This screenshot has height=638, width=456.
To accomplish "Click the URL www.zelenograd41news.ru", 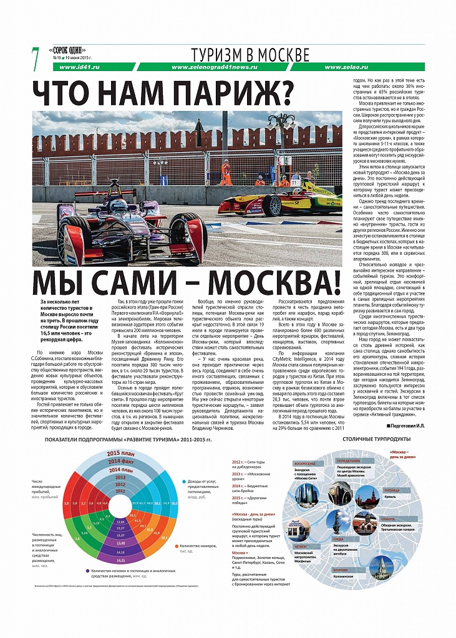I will pos(213,66).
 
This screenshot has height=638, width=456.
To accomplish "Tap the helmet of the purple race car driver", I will pos(119,204).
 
